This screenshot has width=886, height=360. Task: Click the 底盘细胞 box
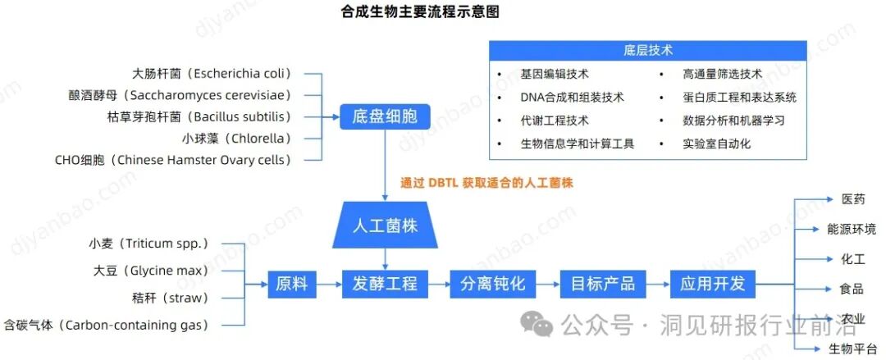pos(385,116)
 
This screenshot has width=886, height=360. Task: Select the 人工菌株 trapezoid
pos(385,225)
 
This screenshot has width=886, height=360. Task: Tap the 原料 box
pos(292,285)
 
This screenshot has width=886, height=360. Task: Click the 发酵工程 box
pos(385,285)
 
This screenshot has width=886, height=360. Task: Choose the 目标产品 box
pos(603,285)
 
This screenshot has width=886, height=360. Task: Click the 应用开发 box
pos(712,285)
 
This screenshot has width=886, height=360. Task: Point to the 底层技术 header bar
pos(648,51)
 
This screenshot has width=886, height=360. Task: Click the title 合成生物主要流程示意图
pos(420,11)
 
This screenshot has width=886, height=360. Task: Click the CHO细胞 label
pos(172,161)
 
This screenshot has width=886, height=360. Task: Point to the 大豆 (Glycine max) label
pos(151,271)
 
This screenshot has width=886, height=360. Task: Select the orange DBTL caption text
pos(486,183)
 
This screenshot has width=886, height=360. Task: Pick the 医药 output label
pos(852,199)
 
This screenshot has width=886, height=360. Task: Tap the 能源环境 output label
pos(851,230)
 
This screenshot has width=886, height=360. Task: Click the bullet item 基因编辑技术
pos(554,75)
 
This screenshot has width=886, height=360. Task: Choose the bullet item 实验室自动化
pos(716,144)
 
